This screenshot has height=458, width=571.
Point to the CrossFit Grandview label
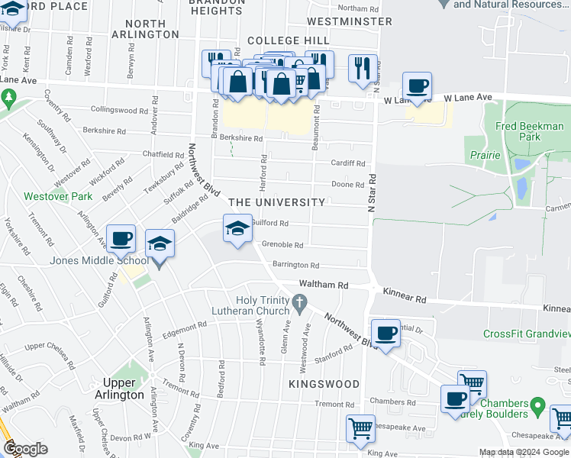click(x=527, y=334)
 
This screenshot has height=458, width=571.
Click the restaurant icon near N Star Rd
click(x=361, y=68)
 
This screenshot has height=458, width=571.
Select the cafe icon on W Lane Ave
click(x=417, y=86)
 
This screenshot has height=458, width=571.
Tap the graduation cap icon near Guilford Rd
click(x=237, y=228)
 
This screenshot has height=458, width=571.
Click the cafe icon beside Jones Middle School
click(x=121, y=239)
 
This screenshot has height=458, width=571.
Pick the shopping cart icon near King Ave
click(x=360, y=428)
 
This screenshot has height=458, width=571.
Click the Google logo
click(x=25, y=448)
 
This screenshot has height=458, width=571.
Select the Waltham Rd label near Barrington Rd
click(x=323, y=284)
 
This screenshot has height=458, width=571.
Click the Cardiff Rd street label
click(x=347, y=163)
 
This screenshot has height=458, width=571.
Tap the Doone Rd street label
click(x=347, y=185)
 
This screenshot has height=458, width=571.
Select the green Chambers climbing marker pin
click(x=537, y=404)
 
